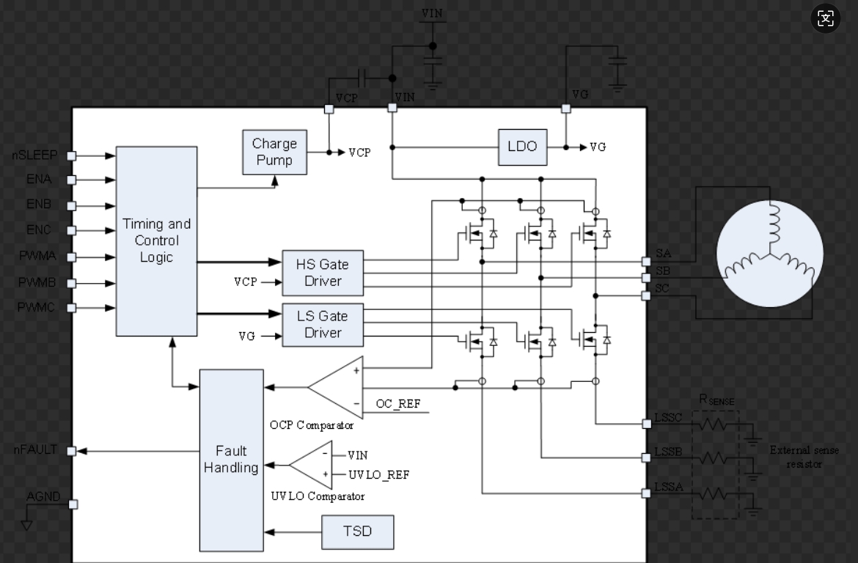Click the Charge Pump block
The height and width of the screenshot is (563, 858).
[275, 152]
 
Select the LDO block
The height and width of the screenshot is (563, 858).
[522, 147]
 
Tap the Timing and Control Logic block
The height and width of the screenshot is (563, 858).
[156, 240]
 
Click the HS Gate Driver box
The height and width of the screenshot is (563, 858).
[323, 272]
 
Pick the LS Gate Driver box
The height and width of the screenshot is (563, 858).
[323, 324]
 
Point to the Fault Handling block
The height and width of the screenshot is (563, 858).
[231, 460]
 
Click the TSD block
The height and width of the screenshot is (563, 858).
[357, 531]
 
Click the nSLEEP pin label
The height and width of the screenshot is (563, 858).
[34, 155]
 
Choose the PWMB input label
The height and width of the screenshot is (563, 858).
[37, 282]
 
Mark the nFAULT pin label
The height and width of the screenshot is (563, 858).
[34, 450]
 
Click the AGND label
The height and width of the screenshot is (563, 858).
[43, 496]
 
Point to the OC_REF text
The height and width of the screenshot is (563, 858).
[397, 404]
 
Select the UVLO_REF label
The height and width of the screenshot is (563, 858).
[378, 475]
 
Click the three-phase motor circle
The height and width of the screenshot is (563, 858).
[769, 253]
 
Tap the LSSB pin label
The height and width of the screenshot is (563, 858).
[668, 452]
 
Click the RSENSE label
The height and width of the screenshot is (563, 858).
[716, 400]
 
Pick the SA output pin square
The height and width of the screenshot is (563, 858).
[646, 262]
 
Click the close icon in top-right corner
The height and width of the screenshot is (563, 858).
[826, 18]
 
